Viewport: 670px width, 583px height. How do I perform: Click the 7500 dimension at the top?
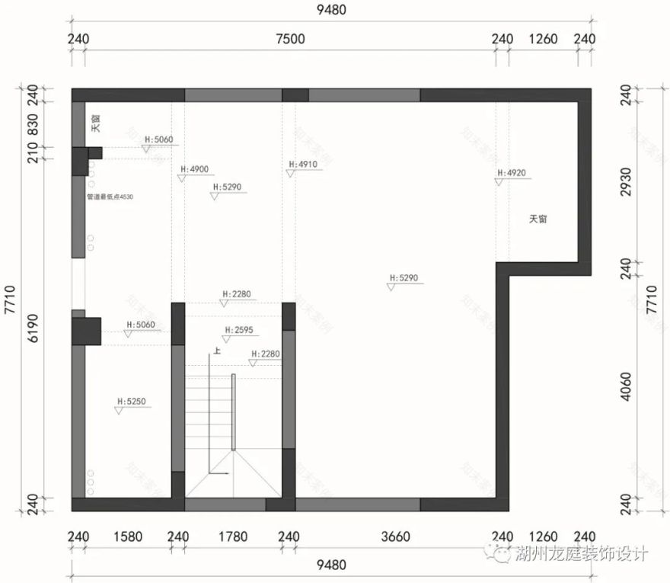[290, 40]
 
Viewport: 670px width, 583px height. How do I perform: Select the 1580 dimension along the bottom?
[128, 537]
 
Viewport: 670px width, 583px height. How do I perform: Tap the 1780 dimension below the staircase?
[233, 537]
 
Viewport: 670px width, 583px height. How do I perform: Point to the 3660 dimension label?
[395, 537]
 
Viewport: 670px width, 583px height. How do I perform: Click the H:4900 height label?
[194, 169]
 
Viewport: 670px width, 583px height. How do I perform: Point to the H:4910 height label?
[302, 164]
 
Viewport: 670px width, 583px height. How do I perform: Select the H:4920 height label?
[511, 173]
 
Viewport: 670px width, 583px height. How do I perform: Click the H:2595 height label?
[238, 331]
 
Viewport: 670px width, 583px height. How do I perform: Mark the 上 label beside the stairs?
[218, 351]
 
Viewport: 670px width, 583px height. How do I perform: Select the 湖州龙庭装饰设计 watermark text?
[582, 555]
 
